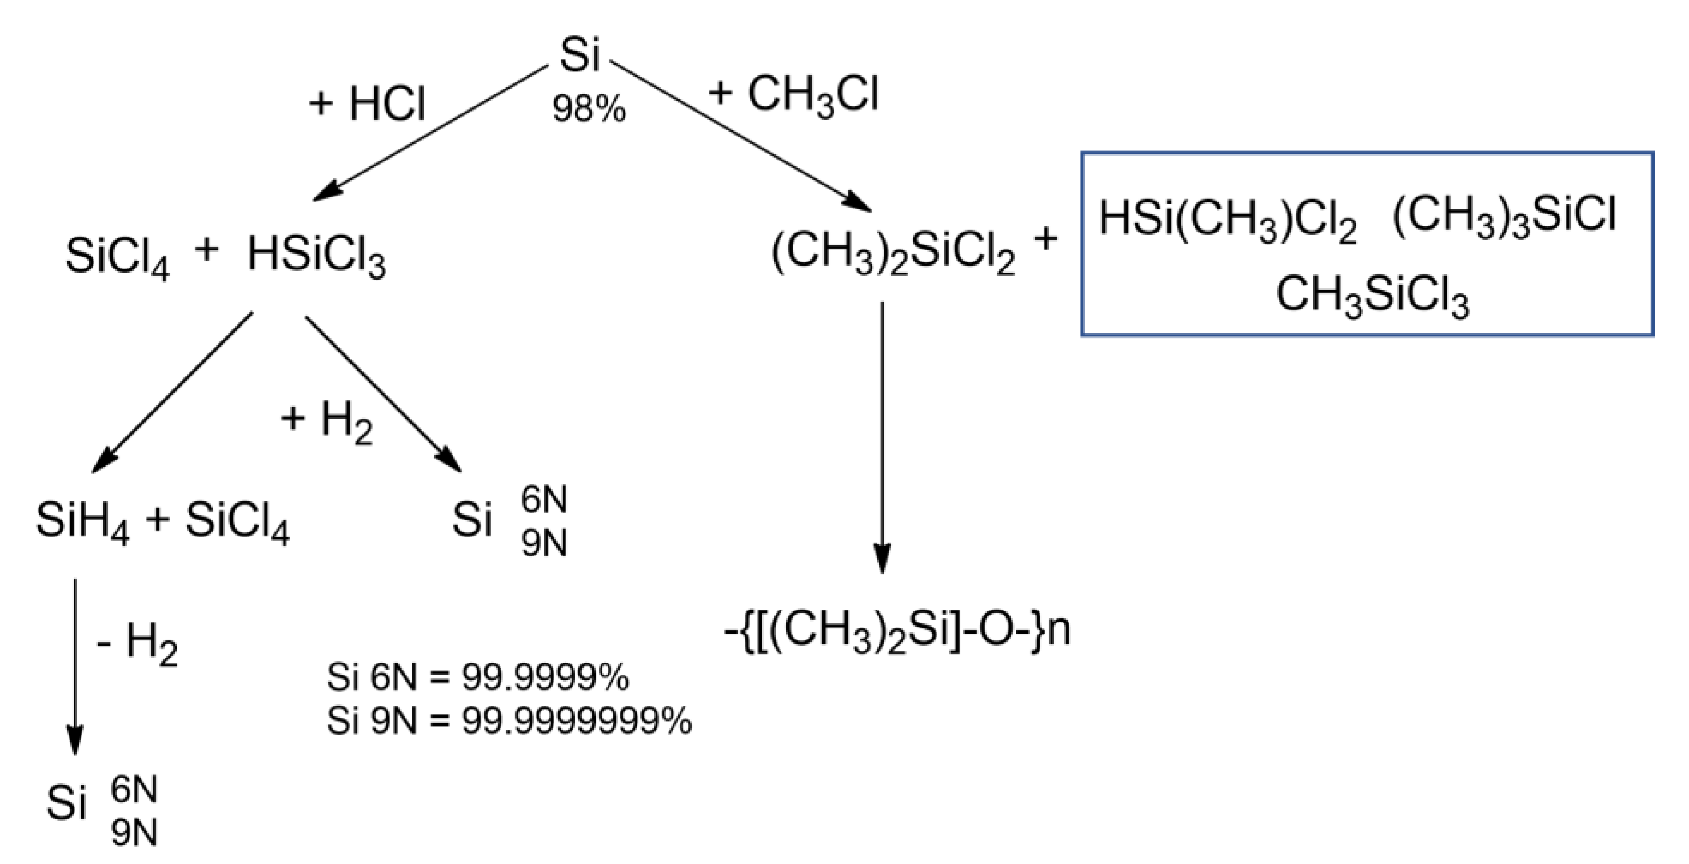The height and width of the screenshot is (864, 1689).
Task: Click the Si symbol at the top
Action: click(x=580, y=55)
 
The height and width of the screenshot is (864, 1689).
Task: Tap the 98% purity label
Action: click(x=589, y=109)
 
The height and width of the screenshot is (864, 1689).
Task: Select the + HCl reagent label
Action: click(x=367, y=103)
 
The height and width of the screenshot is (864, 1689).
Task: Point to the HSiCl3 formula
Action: click(x=316, y=257)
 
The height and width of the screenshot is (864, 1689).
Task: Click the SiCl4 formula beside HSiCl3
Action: click(x=117, y=257)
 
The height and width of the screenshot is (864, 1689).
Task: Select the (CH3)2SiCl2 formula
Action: click(x=893, y=254)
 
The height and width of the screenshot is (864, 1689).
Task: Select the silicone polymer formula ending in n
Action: click(x=897, y=631)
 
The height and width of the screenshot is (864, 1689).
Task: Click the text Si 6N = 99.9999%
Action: click(x=477, y=677)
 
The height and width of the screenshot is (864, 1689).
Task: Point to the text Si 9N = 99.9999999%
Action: click(x=509, y=721)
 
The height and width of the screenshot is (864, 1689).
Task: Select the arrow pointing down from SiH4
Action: click(x=75, y=663)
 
